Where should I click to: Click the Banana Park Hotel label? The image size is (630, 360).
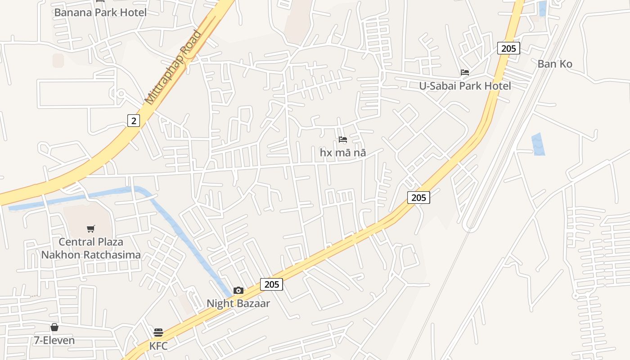[x=100, y=13]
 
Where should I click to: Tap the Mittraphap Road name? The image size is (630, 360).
[x=173, y=67]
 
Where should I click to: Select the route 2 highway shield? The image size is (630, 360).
[x=133, y=121]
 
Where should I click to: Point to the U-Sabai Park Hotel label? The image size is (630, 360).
[x=465, y=86]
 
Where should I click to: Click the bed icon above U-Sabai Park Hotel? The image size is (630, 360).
[x=465, y=72]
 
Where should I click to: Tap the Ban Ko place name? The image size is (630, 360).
[x=555, y=64]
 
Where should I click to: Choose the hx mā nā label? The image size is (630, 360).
[x=343, y=153]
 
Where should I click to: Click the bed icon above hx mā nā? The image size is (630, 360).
[x=343, y=139]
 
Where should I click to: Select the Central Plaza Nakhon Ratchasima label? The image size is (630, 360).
[x=91, y=248]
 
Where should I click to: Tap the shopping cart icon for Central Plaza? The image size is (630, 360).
[x=91, y=229]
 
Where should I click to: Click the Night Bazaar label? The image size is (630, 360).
[x=238, y=304]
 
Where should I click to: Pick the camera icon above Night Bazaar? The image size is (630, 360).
[x=238, y=291]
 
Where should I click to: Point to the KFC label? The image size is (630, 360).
[x=158, y=346]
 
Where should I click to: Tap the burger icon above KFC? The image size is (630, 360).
[x=158, y=333]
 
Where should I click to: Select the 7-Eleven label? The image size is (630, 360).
[x=54, y=341]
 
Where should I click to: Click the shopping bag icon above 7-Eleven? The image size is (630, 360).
[x=54, y=327]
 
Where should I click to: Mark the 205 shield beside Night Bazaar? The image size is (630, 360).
[x=271, y=284]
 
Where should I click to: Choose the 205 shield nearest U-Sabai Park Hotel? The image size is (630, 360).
[x=508, y=48]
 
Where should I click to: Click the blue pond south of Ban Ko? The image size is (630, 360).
[x=538, y=144]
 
